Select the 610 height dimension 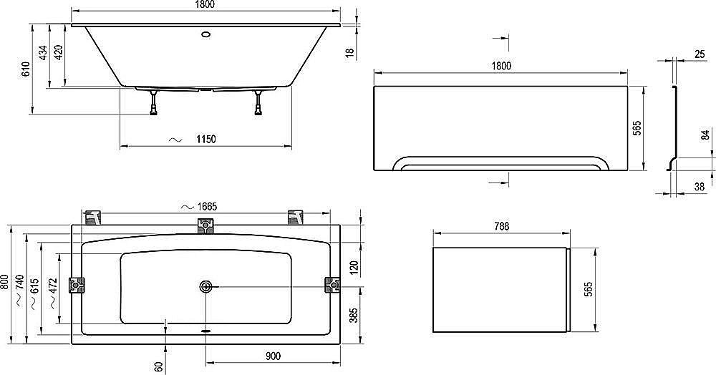(25, 69)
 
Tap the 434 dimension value (43, 53)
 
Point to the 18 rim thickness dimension (350, 53)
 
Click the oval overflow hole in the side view (206, 32)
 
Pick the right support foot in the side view (258, 103)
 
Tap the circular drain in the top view (206, 286)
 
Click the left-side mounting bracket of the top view (77, 286)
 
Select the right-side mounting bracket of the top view (333, 286)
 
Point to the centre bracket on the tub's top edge (206, 227)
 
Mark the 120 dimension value (353, 266)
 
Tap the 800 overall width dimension (5, 281)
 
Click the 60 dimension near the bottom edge (158, 366)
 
